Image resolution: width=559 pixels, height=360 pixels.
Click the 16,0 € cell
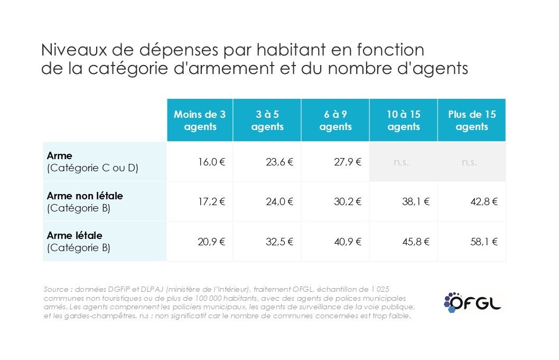pos(211,162)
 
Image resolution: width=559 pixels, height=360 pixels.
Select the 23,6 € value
pos(279,162)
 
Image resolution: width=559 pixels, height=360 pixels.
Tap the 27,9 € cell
pos(347,162)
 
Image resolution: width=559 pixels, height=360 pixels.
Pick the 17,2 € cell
pos(211,201)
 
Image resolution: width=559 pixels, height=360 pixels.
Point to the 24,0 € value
pos(279,201)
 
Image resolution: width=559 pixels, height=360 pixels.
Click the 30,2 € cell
pos(347,201)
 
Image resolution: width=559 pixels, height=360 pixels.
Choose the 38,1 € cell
pos(415,201)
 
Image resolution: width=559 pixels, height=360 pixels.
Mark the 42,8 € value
pos(483,201)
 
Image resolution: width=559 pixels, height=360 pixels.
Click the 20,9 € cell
pos(211,241)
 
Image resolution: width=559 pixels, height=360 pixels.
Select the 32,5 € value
pos(279,241)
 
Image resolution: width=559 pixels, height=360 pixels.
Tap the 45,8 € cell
pos(415,241)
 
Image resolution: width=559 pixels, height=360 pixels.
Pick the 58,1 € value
pos(483,241)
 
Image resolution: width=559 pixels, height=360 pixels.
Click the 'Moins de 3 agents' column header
pos(200,121)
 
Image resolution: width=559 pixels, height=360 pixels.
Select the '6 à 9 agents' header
pos(336,121)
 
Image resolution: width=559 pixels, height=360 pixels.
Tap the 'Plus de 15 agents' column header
pos(472,121)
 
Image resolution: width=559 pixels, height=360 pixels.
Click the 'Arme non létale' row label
pos(85,196)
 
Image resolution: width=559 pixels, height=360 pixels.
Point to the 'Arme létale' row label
pos(74,236)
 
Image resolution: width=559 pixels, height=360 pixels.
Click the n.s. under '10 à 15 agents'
pos(402,162)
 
